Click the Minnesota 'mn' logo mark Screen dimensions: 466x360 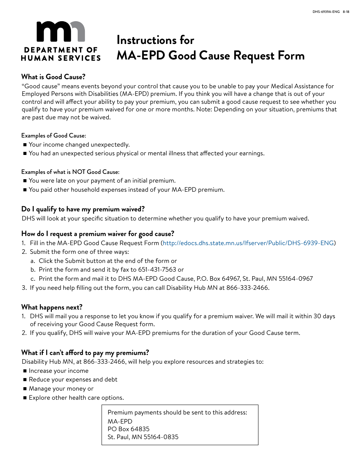pos(61,31)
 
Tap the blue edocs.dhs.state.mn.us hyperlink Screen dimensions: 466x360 pos(248,243)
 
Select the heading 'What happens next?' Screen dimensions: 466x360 pos(52,307)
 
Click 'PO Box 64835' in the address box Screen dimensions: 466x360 pos(128,429)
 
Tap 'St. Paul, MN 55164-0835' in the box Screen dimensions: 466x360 pos(143,437)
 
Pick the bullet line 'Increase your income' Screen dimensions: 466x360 pos(58,371)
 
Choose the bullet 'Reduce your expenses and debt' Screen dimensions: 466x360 pos(73,380)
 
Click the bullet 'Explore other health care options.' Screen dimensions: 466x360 pos(76,398)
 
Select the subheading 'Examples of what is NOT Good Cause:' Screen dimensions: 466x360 pos(70,172)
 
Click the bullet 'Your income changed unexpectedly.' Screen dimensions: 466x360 pos(79,145)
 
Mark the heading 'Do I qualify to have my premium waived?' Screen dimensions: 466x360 pos(83,210)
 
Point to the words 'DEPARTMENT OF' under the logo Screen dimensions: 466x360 pos(61,50)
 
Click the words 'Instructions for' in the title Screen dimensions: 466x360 pos(155,40)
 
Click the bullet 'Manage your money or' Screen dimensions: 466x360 pos(61,389)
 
